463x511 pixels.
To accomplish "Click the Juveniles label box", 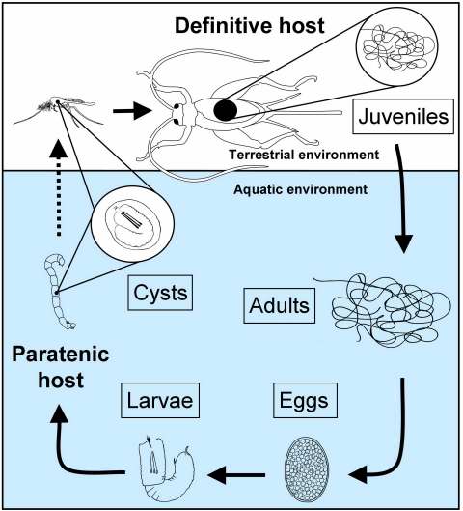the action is [403, 117].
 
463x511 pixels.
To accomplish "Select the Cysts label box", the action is [160, 293].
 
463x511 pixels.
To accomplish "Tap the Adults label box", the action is [279, 305].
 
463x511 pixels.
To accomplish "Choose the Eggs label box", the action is [305, 400].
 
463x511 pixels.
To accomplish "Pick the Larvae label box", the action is [160, 400].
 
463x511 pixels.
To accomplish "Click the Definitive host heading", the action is [250, 26].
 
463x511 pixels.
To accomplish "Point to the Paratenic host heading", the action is [61, 367].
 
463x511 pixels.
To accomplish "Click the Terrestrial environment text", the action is [304, 155].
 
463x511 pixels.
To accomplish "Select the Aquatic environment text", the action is [301, 189].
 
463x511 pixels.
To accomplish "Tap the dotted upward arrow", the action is [59, 187].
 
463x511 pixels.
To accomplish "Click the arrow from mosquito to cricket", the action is [132, 111].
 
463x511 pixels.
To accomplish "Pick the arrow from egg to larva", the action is [236, 475].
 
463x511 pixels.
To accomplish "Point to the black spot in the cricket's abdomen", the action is [225, 110].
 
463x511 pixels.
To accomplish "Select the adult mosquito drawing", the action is [59, 112].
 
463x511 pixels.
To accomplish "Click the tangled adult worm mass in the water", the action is [384, 310].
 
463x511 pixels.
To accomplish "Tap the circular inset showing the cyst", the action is [132, 224].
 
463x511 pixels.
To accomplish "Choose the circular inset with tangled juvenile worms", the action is [397, 47].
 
